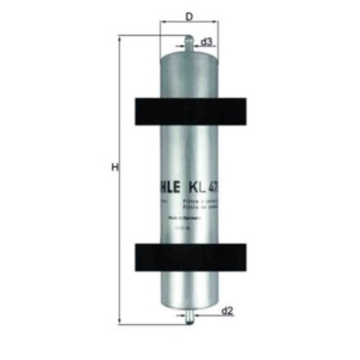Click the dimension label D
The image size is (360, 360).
189,17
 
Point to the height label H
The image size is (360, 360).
114,167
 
